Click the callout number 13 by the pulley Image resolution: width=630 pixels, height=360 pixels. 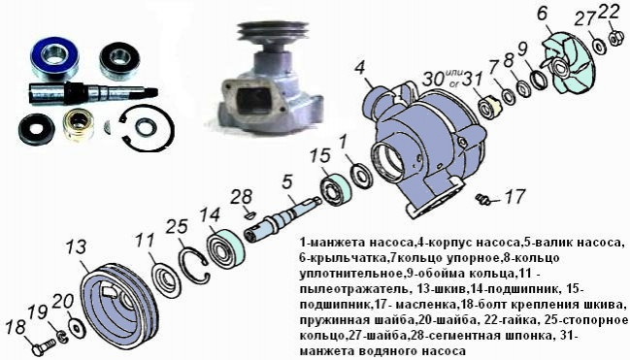(76, 246)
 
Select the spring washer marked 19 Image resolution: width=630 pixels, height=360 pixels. (61, 337)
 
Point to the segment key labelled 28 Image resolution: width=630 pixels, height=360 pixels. (249, 213)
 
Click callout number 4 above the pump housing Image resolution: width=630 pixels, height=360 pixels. (359, 68)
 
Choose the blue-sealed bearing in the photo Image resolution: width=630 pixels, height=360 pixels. (54, 59)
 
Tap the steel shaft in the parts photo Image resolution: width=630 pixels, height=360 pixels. (92, 93)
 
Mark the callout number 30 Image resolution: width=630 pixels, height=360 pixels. (432, 80)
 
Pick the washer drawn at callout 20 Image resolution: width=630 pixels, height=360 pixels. (76, 324)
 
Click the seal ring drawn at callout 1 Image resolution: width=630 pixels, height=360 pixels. (362, 176)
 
